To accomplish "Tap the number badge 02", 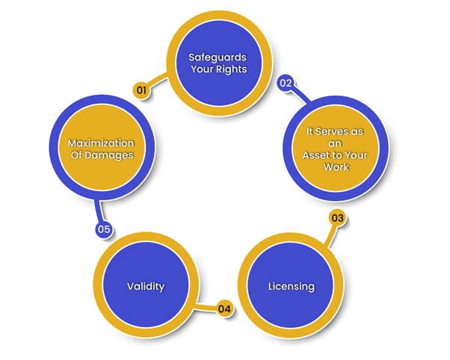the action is [x=285, y=83].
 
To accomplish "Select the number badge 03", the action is [x=337, y=219].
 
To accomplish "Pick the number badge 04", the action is [x=224, y=307].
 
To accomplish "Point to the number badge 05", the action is [x=104, y=229].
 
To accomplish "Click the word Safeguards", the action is [x=218, y=57].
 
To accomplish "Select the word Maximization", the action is [x=101, y=143].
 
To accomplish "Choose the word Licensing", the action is [x=291, y=286].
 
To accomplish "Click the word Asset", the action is [x=317, y=155].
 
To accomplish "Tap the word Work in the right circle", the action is [x=336, y=167].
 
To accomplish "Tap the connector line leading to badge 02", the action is [x=300, y=95].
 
